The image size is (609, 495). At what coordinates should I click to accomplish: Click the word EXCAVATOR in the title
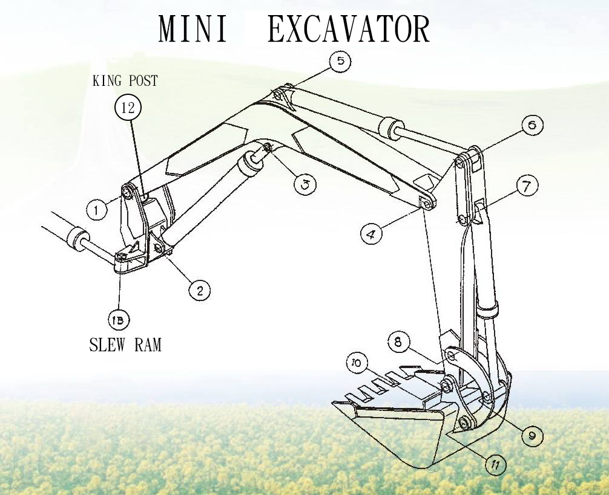[349, 29]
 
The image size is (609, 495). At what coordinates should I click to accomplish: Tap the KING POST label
[125, 81]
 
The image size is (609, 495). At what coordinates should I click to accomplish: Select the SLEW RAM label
[125, 345]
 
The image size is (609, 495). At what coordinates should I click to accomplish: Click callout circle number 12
[128, 109]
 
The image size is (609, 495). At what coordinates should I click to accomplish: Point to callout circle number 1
[96, 210]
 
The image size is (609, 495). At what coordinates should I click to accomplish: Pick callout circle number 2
[199, 290]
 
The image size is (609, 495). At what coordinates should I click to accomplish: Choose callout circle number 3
[305, 184]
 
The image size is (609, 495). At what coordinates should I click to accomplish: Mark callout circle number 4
[372, 233]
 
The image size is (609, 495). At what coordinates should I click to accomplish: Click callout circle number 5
[340, 61]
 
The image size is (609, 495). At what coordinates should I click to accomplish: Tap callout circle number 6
[532, 126]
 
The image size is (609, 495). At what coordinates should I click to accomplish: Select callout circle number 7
[527, 187]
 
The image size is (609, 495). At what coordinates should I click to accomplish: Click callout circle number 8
[398, 343]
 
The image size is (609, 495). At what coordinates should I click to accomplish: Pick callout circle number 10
[357, 363]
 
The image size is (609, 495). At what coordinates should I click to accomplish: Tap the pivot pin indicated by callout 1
[128, 192]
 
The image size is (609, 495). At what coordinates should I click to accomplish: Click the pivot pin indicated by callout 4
[427, 205]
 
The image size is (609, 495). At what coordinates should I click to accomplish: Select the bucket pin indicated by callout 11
[466, 422]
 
